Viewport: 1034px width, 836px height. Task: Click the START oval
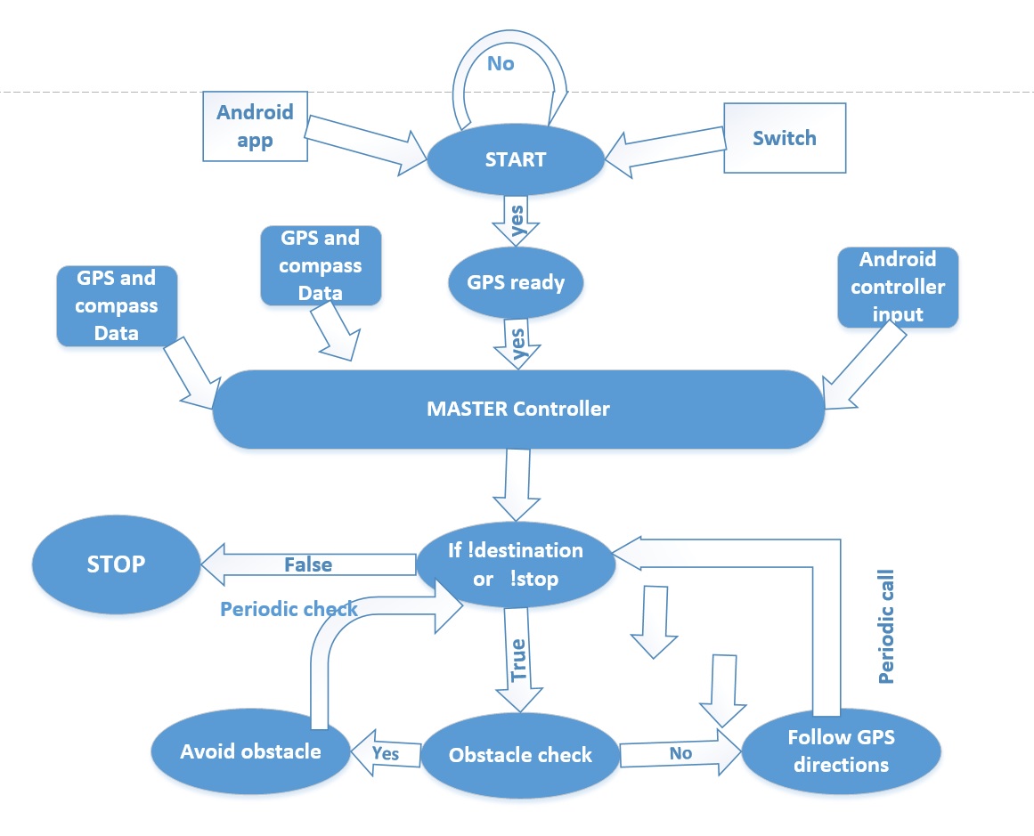coord(516,159)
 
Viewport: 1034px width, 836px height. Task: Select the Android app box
coord(256,126)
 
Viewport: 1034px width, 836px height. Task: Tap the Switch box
coord(785,138)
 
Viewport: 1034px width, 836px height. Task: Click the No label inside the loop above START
coord(501,63)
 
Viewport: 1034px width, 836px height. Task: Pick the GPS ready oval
coord(516,283)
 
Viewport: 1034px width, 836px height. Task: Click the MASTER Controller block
coord(518,409)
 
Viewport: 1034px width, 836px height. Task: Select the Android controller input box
coord(898,287)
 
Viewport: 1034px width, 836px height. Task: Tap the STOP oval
coord(116,564)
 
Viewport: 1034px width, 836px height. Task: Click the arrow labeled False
coord(309,564)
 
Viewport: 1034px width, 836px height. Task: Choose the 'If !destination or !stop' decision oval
coord(516,564)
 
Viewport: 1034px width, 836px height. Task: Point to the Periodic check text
coord(289,609)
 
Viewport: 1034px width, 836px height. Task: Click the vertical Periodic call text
coord(886,627)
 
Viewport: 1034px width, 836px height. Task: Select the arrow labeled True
coord(519,660)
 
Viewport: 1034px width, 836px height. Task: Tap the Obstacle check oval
coord(520,755)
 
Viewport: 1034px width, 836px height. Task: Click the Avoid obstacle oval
coord(250,751)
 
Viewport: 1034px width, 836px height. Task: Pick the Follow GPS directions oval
coord(841,751)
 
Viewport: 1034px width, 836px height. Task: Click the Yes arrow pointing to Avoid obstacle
coord(386,753)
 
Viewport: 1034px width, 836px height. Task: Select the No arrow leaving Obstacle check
coord(680,753)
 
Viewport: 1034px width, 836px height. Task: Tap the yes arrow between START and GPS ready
coord(517,220)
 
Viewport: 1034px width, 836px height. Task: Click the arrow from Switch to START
coord(664,153)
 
